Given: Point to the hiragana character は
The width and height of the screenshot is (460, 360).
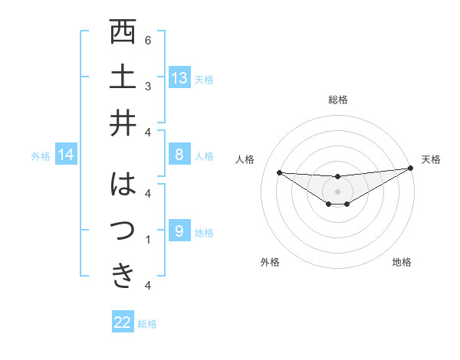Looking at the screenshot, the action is click(x=123, y=185).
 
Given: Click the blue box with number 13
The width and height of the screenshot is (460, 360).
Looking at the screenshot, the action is click(x=179, y=78).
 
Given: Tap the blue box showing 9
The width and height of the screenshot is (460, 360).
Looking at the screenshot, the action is click(x=179, y=231).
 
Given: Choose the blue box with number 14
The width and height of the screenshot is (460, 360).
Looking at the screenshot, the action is click(x=66, y=155).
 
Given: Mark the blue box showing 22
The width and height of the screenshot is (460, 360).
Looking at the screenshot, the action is click(x=123, y=322).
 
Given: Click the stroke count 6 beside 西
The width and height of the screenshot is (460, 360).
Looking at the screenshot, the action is click(x=148, y=40).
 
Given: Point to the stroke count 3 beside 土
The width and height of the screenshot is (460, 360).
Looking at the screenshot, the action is click(x=148, y=85).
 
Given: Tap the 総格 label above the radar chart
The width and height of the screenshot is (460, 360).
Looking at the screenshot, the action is click(x=337, y=100).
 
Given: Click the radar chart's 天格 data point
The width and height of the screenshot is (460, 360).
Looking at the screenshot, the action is click(x=410, y=169).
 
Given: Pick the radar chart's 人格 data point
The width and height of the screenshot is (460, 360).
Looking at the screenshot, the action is click(x=279, y=172).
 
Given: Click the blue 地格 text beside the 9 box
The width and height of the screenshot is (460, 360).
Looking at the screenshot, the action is click(x=204, y=233).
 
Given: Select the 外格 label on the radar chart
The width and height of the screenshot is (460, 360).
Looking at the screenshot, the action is click(x=270, y=262).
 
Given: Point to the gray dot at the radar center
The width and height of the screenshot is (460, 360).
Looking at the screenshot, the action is click(x=337, y=191).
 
